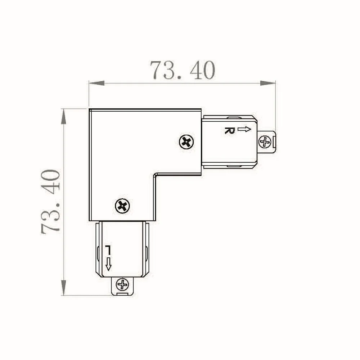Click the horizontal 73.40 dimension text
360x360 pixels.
click(183, 70)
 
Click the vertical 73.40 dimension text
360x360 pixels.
click(50, 202)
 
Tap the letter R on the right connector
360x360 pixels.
click(230, 130)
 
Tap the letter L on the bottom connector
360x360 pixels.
click(108, 250)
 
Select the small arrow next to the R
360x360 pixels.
click(244, 129)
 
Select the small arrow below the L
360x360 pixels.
click(108, 264)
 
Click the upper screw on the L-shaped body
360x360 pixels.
click(186, 142)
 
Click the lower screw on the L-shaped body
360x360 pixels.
click(122, 206)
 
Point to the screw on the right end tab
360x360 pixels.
click(265, 142)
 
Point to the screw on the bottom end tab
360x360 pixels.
click(122, 285)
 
